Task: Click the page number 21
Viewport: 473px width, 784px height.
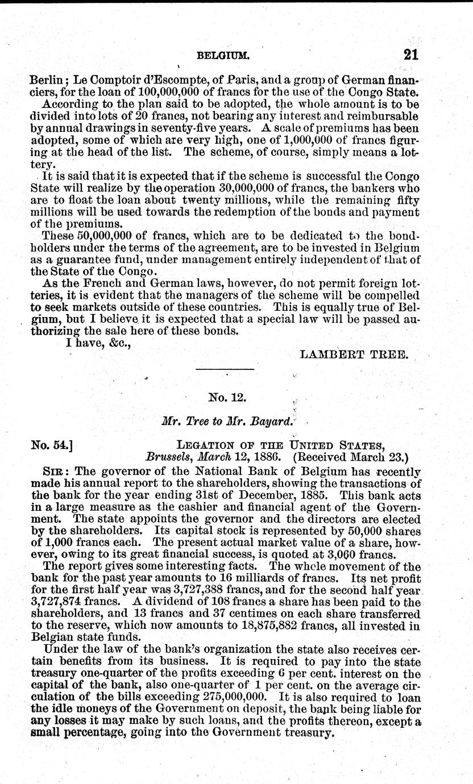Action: (x=411, y=55)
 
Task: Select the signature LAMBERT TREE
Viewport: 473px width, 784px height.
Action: (x=353, y=355)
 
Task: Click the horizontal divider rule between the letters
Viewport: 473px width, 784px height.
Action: (x=225, y=370)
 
